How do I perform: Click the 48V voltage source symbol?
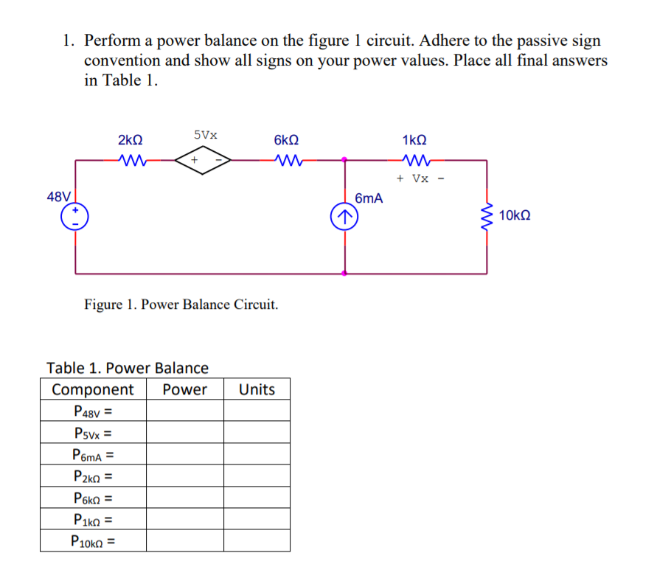pyautogui.click(x=76, y=216)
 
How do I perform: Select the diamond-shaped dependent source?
pyautogui.click(x=203, y=159)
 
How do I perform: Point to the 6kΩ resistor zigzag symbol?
pyautogui.click(x=285, y=159)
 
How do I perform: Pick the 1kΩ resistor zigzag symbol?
pyautogui.click(x=414, y=159)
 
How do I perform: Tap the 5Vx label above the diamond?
pyautogui.click(x=206, y=135)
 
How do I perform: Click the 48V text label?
pyautogui.click(x=59, y=197)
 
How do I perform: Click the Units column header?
pyautogui.click(x=257, y=389)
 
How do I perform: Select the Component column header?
pyautogui.click(x=93, y=389)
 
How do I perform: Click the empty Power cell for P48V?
pyautogui.click(x=184, y=411)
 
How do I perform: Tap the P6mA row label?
pyautogui.click(x=93, y=455)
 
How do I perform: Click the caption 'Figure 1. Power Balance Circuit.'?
pyautogui.click(x=181, y=304)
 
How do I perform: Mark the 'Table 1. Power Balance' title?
pyautogui.click(x=128, y=367)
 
